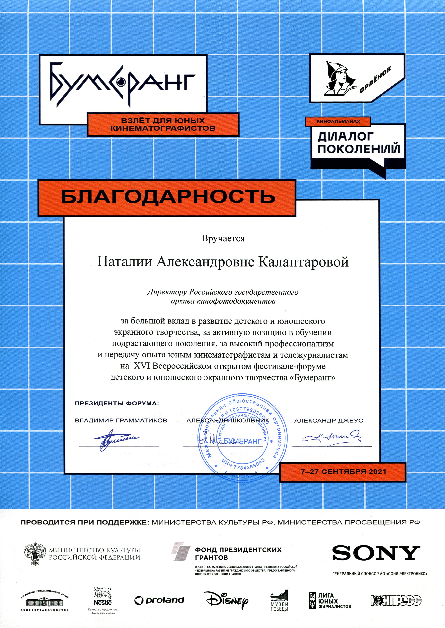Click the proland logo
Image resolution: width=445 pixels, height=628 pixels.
click(159, 600)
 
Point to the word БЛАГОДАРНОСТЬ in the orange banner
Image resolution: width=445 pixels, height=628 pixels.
click(168, 197)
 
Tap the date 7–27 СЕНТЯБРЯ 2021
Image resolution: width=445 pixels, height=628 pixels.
click(343, 472)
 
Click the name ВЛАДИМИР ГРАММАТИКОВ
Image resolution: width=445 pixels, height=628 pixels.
click(121, 421)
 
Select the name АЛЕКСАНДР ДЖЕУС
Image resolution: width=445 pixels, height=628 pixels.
click(328, 421)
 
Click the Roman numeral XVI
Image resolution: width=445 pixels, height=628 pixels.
click(142, 366)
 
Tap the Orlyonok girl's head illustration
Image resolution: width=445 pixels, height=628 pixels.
click(339, 78)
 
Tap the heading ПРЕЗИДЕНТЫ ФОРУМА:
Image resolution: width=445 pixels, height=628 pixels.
click(117, 404)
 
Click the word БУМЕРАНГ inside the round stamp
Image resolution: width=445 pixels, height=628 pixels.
click(242, 441)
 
